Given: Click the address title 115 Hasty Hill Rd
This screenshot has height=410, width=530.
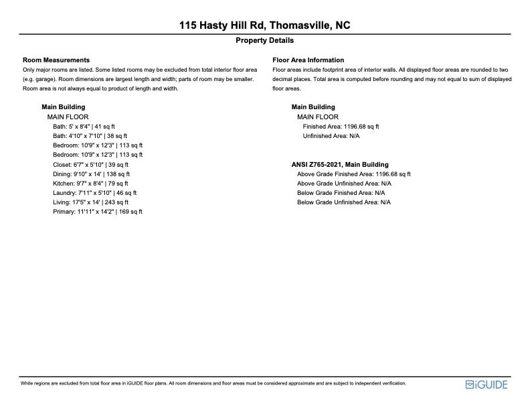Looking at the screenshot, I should pyautogui.click(x=264, y=25).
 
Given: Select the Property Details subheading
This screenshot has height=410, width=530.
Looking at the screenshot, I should pyautogui.click(x=264, y=41).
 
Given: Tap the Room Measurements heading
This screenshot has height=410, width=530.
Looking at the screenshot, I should pyautogui.click(x=56, y=60).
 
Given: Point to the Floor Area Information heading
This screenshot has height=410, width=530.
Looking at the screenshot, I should pyautogui.click(x=308, y=60).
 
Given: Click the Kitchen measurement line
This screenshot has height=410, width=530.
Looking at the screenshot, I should pyautogui.click(x=90, y=183).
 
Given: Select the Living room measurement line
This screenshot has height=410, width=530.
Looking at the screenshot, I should pyautogui.click(x=90, y=202).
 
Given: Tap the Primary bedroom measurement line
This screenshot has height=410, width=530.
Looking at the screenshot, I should pyautogui.click(x=98, y=212).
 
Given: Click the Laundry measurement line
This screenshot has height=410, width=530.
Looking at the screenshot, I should pyautogui.click(x=92, y=192).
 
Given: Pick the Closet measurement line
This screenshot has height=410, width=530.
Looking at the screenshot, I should pyautogui.click(x=90, y=164).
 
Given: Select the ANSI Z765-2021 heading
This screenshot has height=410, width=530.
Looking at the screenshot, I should pyautogui.click(x=340, y=164).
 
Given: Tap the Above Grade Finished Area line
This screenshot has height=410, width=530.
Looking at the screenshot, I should pyautogui.click(x=353, y=174).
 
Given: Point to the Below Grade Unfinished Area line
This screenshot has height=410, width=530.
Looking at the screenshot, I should pyautogui.click(x=344, y=202).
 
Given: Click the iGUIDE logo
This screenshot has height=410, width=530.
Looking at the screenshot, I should pyautogui.click(x=487, y=385).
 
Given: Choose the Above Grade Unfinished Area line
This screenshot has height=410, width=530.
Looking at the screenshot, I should pyautogui.click(x=344, y=183).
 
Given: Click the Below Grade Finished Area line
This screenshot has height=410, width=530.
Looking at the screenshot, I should pyautogui.click(x=341, y=192).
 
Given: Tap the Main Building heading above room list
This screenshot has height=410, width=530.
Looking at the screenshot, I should pyautogui.click(x=63, y=107).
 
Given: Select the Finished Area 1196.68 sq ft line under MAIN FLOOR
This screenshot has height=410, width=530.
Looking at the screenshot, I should pyautogui.click(x=341, y=126).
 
